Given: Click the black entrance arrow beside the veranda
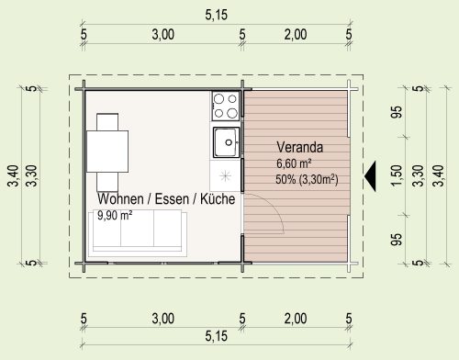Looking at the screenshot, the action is pos(372,176).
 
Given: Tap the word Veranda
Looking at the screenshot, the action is pos(299,147).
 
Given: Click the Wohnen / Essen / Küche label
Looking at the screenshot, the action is pos(166,199).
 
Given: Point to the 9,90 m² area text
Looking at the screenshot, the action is pos(115,216).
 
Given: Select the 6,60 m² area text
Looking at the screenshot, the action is pos(294,163).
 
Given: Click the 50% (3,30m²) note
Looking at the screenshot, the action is pos(307,179).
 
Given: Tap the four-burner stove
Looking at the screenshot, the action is pos(226,106).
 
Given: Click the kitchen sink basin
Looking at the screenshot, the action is pos(227,142).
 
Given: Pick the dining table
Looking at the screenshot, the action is pos(107,152).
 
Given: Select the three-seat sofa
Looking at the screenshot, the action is pos(138,231).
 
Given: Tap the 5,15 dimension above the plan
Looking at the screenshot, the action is pos(217,15).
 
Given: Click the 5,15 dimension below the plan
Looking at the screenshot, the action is pos(217,336).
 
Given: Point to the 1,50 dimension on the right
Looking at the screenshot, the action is pos(397,175).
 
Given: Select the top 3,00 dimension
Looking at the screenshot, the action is pos(163,35).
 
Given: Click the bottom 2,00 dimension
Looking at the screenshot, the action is pos(296,319).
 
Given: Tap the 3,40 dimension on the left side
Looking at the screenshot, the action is pos(14,175).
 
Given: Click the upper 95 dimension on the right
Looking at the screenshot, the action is pos(397,112).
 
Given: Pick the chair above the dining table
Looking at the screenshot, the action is pos(107,122).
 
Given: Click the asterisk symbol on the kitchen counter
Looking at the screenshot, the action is pos(225,176).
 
